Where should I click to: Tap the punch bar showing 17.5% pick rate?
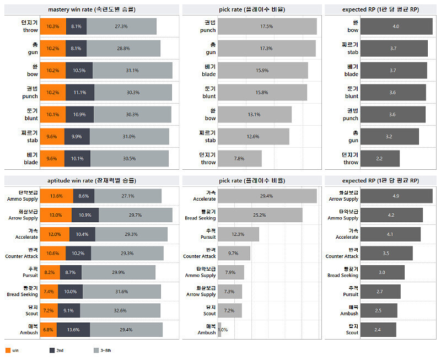click(267, 26)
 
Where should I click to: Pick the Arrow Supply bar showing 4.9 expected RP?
click(396, 196)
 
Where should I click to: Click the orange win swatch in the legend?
click(8, 350)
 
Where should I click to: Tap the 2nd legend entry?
click(56, 350)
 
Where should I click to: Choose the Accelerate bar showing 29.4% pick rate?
click(267, 196)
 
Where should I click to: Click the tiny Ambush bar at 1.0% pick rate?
click(219, 330)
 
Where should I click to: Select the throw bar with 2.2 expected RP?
click(380, 158)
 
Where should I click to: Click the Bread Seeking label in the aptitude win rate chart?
click(23, 291)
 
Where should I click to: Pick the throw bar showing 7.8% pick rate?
click(240, 158)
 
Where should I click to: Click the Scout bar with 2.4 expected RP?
click(378, 330)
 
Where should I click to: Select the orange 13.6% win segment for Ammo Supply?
click(56, 196)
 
